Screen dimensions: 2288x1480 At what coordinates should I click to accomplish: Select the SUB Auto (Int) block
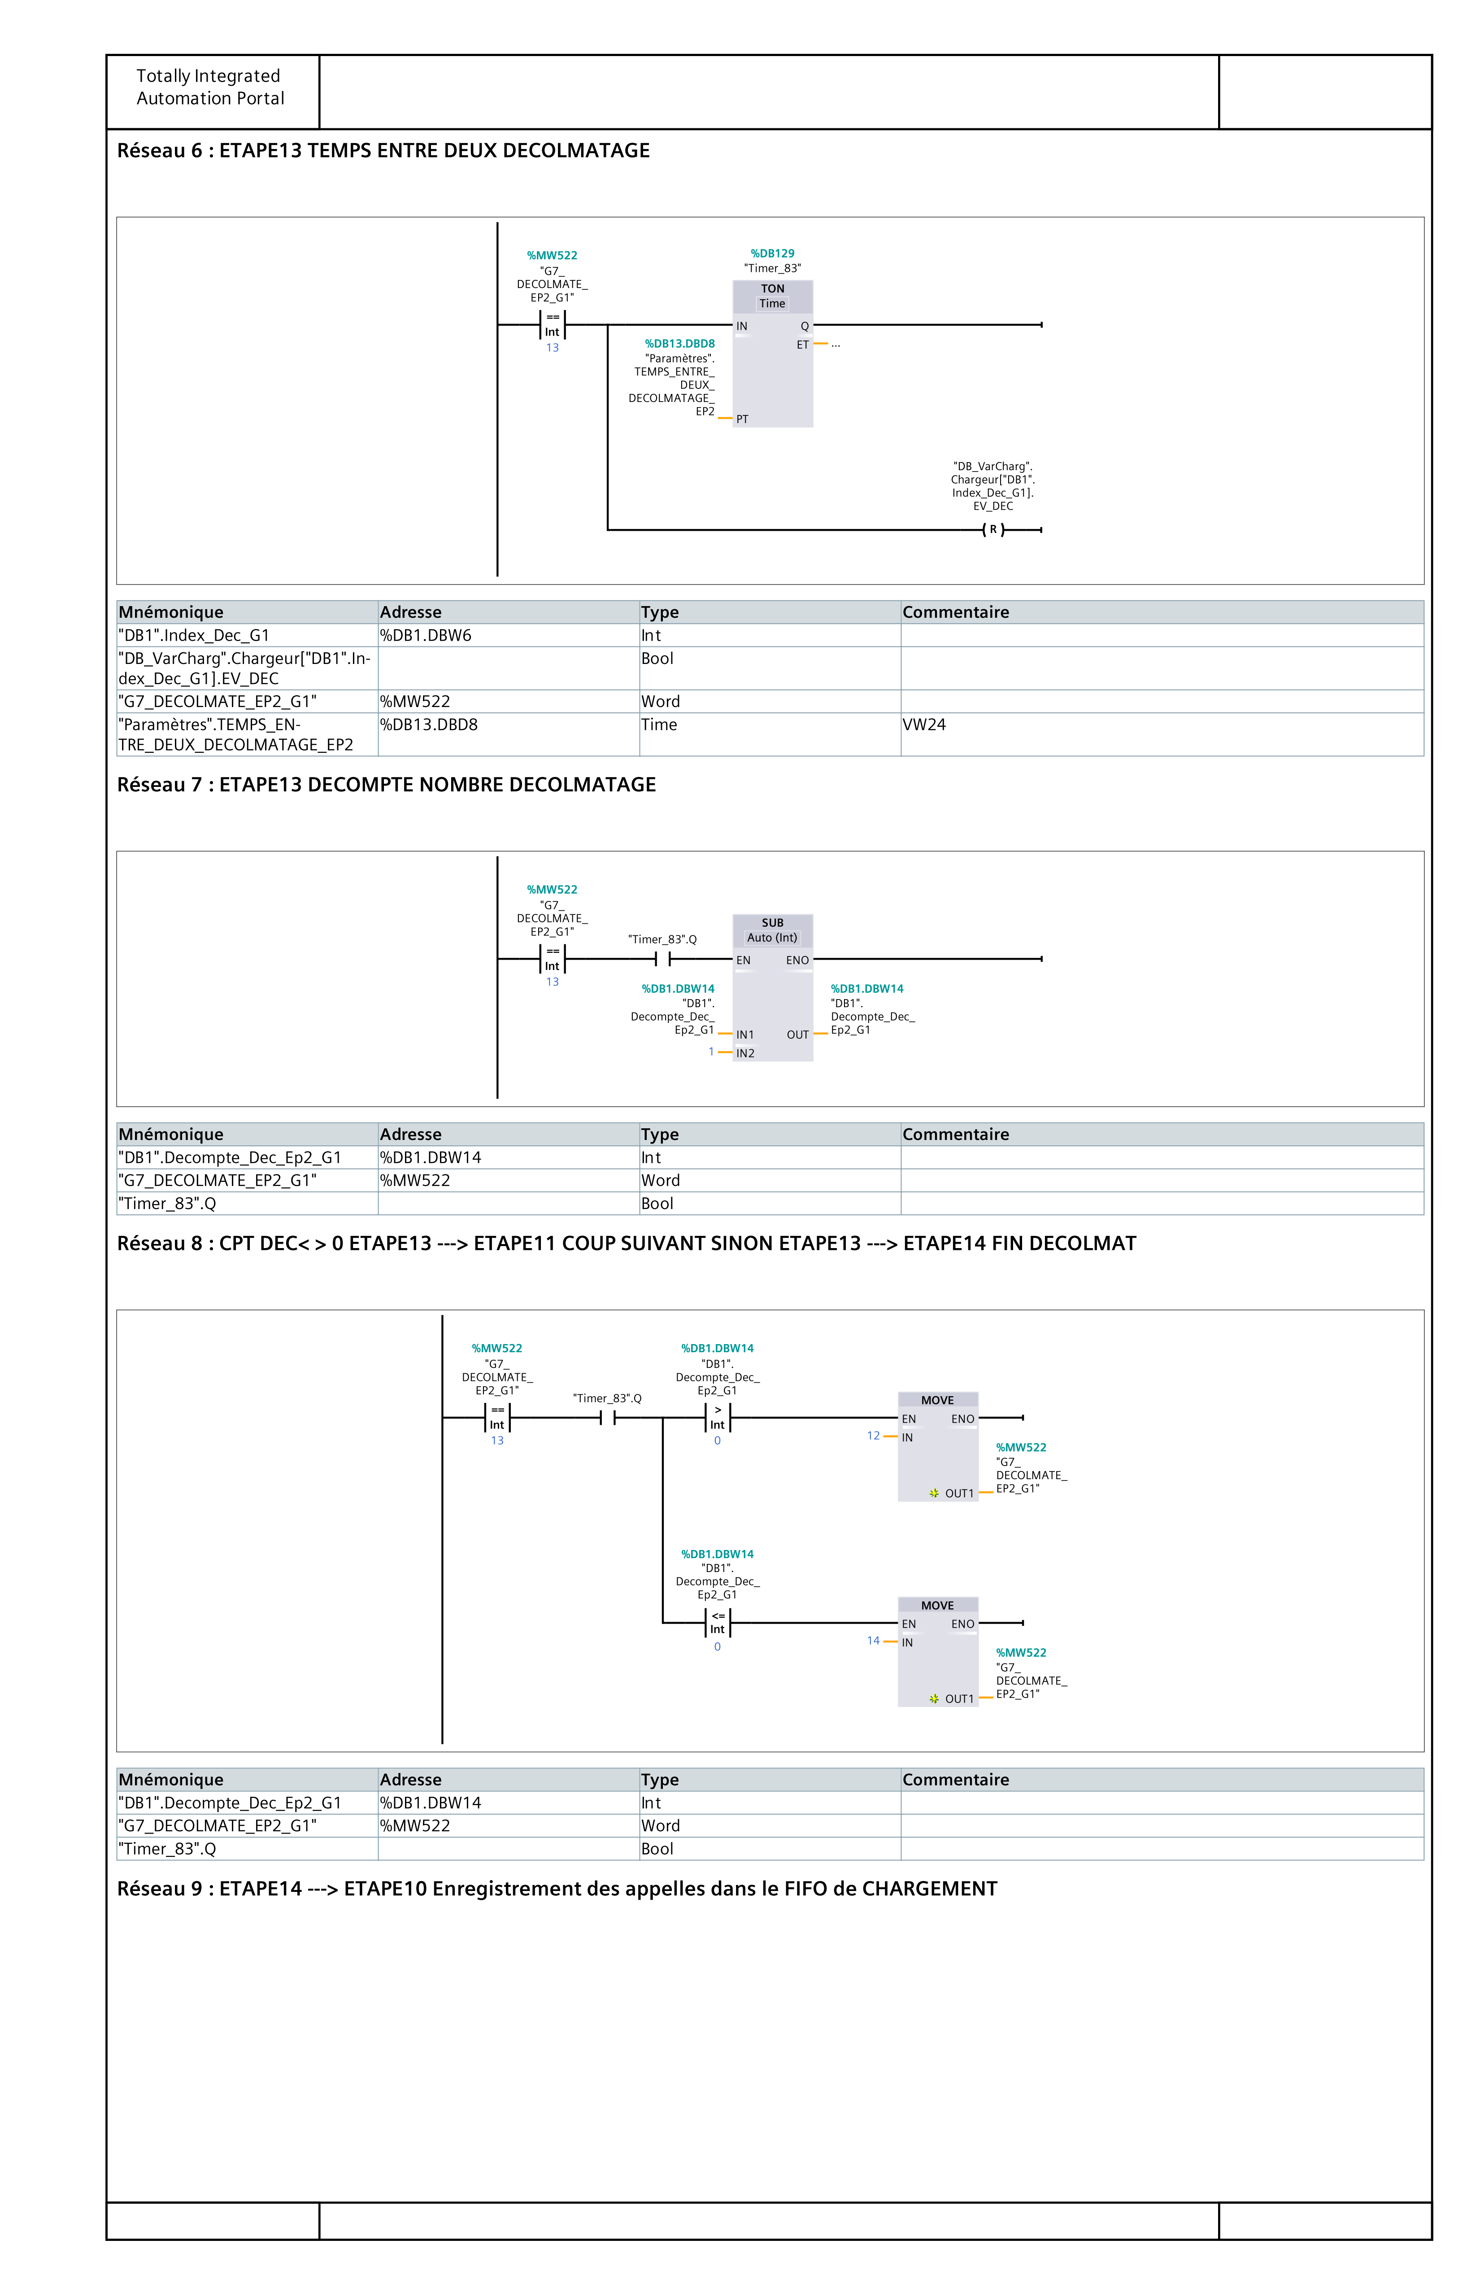(x=773, y=988)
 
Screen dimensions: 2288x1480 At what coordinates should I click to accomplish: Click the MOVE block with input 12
(x=938, y=1447)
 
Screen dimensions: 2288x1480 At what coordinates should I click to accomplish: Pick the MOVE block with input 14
(x=938, y=1651)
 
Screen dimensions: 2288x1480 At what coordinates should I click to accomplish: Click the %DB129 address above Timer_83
(x=773, y=254)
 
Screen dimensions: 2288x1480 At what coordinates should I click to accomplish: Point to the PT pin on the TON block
(x=742, y=419)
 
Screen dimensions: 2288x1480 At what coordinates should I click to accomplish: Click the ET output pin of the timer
(x=802, y=344)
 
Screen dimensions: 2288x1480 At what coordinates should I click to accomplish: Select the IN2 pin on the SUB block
(x=745, y=1052)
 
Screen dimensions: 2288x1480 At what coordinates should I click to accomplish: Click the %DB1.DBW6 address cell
(x=426, y=635)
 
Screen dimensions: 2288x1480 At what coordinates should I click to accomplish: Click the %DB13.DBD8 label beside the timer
(x=679, y=343)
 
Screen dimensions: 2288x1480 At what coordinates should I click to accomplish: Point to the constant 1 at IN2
(x=711, y=1052)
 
